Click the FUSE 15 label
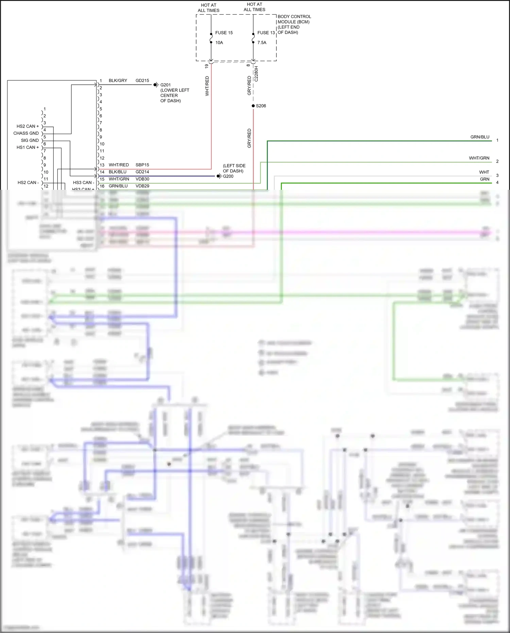click(x=224, y=33)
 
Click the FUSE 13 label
click(x=266, y=33)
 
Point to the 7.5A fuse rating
click(x=262, y=43)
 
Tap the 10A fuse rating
click(x=219, y=43)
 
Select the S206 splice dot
click(x=253, y=106)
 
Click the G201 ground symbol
click(x=156, y=85)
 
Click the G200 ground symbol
click(x=219, y=176)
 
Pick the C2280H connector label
click(x=256, y=74)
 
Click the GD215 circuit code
click(x=142, y=81)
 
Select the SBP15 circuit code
click(x=142, y=165)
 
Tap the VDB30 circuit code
click(x=142, y=179)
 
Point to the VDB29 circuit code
click(x=142, y=186)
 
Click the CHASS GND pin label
click(x=26, y=133)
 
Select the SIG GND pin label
click(x=30, y=140)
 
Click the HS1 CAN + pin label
click(x=28, y=147)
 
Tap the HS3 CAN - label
click(x=83, y=183)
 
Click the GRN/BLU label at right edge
click(x=480, y=137)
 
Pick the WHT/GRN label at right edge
click(x=479, y=158)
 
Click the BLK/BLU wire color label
click(x=117, y=172)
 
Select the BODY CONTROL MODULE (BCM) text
click(x=294, y=19)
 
